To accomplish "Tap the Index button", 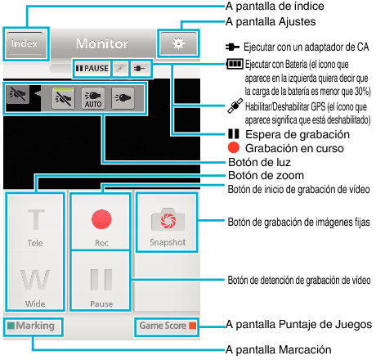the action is point(25,43).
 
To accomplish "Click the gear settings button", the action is point(178,43).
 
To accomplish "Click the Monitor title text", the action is point(102,43).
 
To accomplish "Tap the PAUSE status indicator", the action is point(92,68).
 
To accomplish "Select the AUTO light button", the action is point(93,99).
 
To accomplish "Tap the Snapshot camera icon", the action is point(168,219).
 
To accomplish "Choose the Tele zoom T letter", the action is point(36,220).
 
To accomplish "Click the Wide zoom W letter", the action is point(35,280).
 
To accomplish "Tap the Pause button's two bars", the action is point(101,280).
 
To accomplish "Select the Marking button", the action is point(31,326).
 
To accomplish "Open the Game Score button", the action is point(167,326).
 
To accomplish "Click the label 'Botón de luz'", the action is point(259,162).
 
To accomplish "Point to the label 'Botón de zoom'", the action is point(266,175).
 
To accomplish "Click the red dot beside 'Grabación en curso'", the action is point(234,147).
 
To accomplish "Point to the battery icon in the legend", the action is point(235,64).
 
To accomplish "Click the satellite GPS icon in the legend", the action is point(235,106).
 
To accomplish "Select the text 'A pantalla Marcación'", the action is point(279,349).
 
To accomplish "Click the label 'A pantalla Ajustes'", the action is point(271,22).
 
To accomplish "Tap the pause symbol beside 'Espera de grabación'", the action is point(234,134).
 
